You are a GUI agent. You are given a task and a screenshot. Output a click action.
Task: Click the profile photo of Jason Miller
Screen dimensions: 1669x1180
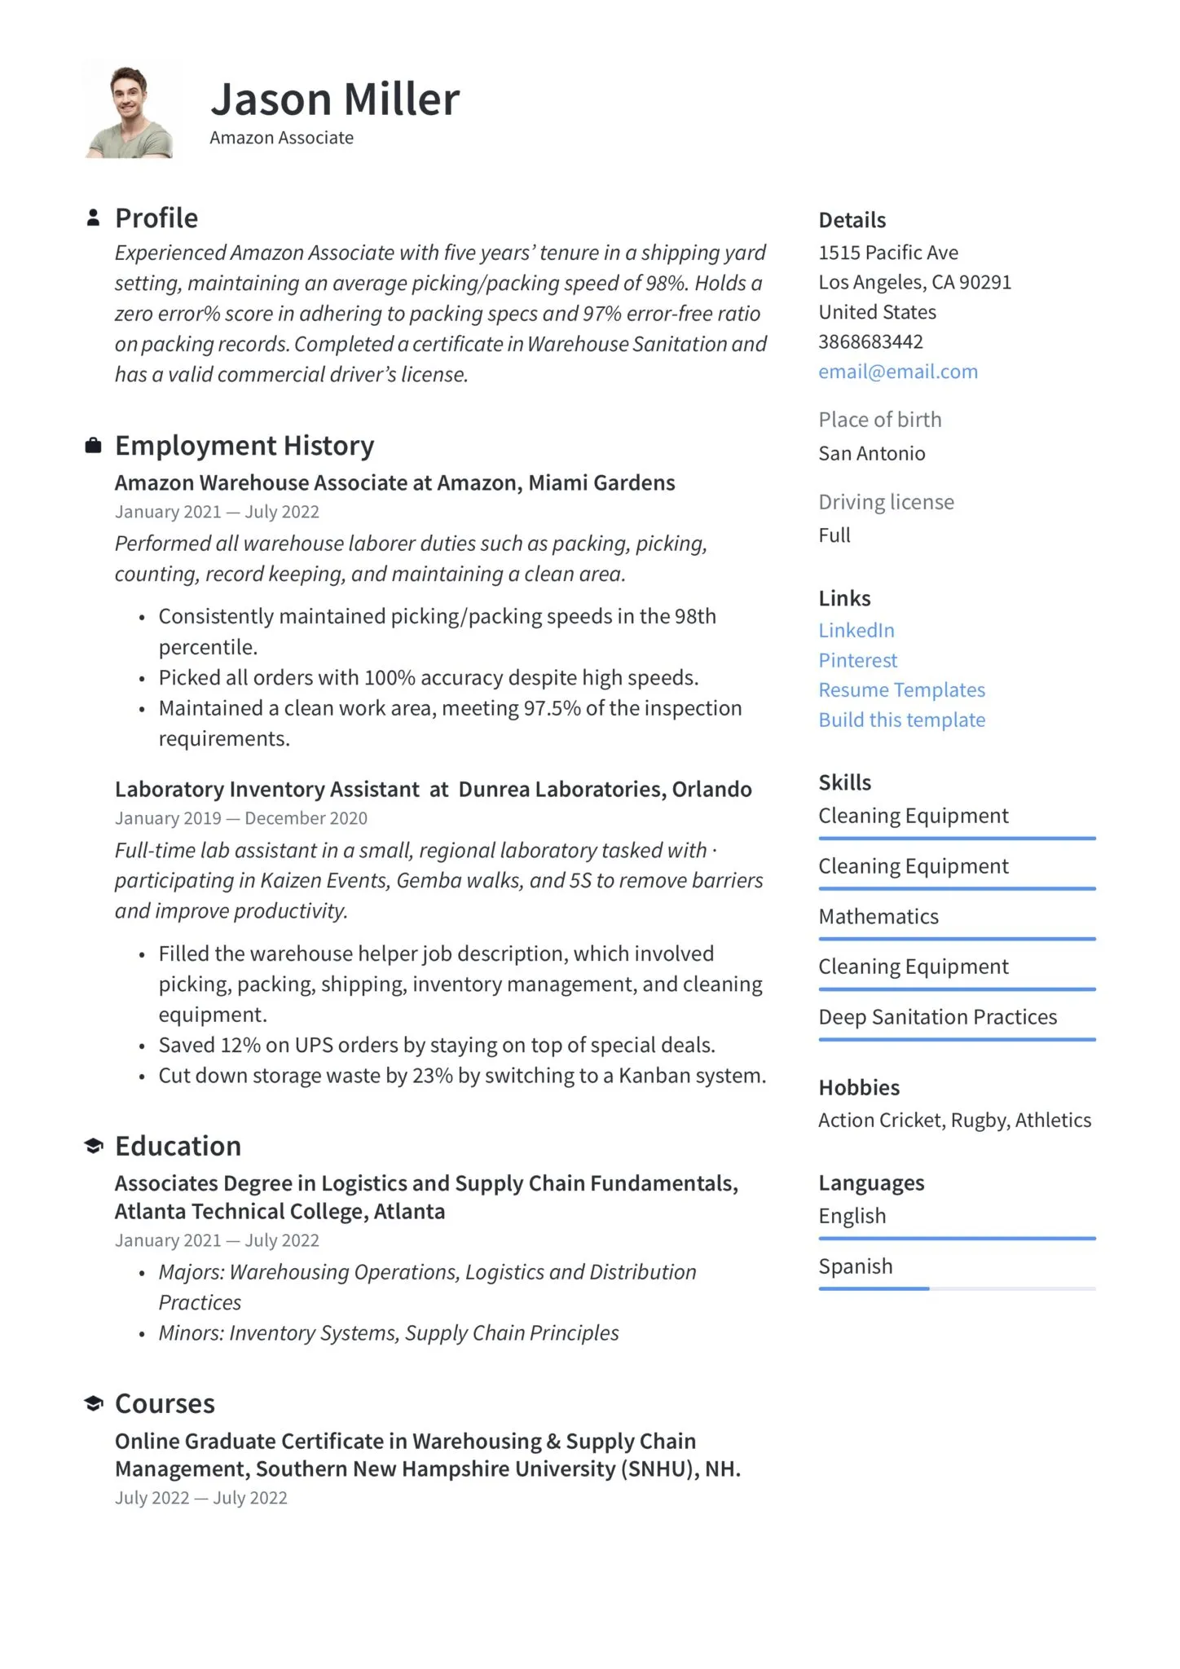coord(129,112)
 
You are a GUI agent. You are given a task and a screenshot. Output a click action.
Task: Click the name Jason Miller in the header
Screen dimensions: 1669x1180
coord(335,99)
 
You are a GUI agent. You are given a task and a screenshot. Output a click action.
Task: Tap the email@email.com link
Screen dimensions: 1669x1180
coord(897,372)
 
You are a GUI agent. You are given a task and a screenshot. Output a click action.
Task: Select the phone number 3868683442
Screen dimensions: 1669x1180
coord(870,341)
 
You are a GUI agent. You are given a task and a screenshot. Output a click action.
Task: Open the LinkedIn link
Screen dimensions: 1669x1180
coord(856,630)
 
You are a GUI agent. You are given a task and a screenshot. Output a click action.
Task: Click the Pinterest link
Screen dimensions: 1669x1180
coord(857,660)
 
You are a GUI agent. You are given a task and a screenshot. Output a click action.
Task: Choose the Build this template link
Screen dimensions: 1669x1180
coord(901,720)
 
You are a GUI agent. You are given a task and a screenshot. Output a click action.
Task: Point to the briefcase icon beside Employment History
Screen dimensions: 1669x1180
coord(94,445)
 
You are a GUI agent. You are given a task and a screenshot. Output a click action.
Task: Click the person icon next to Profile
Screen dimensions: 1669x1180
coord(94,218)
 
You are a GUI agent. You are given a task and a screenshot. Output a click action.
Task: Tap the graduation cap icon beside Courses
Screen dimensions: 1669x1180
coord(94,1403)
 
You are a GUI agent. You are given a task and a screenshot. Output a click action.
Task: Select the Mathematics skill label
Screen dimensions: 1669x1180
coord(878,917)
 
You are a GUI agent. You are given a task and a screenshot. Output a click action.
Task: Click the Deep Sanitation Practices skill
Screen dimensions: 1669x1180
coord(937,1017)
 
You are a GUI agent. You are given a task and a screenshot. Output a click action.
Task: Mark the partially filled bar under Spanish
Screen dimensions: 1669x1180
coord(874,1288)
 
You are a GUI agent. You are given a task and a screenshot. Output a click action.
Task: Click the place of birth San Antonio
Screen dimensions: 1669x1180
coord(871,453)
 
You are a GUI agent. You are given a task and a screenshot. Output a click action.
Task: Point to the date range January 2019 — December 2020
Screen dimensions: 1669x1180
coord(240,818)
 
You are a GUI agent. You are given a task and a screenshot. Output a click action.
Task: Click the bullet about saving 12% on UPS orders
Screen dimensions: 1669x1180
coord(436,1045)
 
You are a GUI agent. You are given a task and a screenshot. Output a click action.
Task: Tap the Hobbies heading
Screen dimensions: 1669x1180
coord(858,1088)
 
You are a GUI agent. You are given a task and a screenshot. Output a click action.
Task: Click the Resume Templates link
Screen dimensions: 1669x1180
coord(901,690)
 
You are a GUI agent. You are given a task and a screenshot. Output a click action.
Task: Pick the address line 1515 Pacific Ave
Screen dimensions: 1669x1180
coord(887,253)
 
